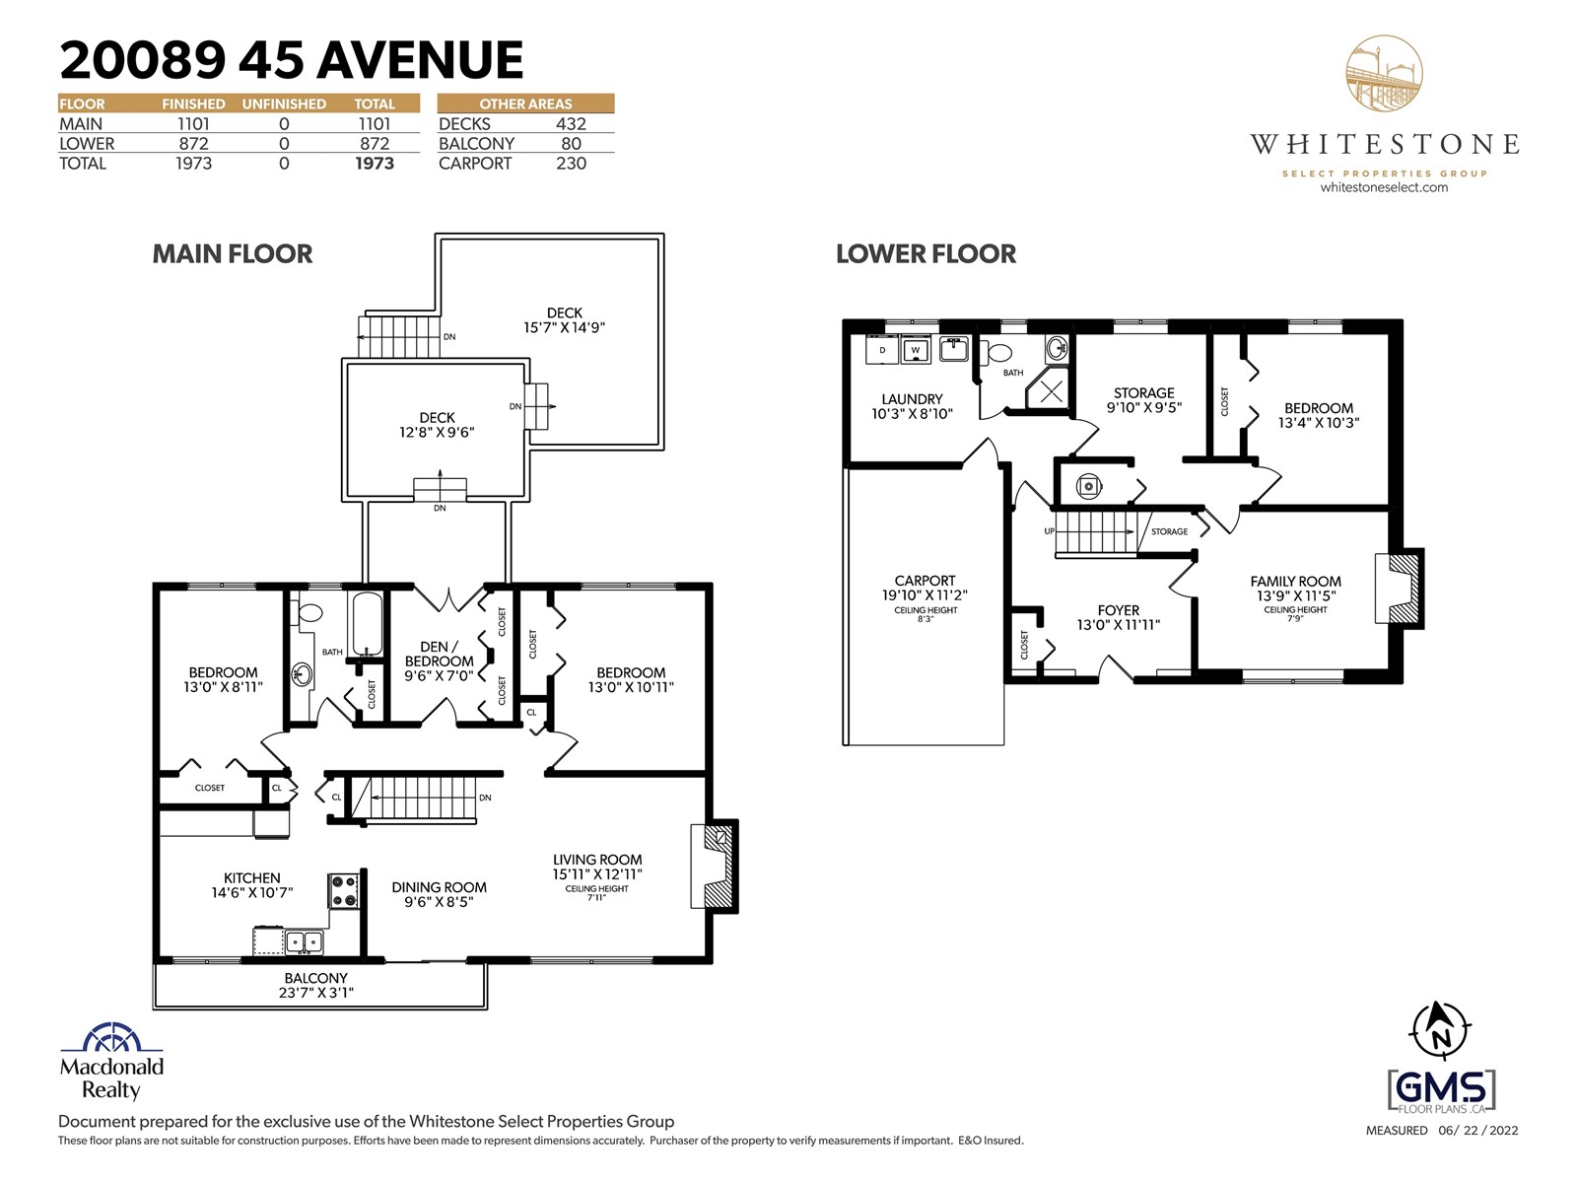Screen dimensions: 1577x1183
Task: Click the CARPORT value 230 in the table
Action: [x=571, y=164]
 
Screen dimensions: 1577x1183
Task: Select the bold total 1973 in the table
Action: [x=375, y=164]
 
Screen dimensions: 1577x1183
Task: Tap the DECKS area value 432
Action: [x=571, y=124]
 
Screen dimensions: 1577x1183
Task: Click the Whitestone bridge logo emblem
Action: [x=1384, y=73]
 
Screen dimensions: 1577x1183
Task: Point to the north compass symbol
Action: [x=1440, y=1031]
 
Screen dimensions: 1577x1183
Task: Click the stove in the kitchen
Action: [x=343, y=891]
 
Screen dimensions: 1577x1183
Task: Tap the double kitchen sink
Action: [x=305, y=941]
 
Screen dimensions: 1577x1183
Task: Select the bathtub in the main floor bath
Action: [x=368, y=624]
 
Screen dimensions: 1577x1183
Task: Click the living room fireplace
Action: [x=715, y=867]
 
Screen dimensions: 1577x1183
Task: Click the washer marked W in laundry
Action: [x=916, y=350]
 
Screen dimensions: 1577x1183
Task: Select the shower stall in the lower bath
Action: [x=1049, y=391]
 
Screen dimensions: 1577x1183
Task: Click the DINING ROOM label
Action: [x=439, y=887]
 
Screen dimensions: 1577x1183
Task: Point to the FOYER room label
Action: [x=1119, y=610]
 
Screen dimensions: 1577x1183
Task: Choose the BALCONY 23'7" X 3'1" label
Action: [x=316, y=986]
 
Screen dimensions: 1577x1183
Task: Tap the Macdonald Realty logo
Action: [x=111, y=1061]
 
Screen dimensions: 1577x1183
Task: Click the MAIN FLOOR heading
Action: [x=232, y=253]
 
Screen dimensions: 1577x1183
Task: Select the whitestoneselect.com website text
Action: [x=1384, y=187]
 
